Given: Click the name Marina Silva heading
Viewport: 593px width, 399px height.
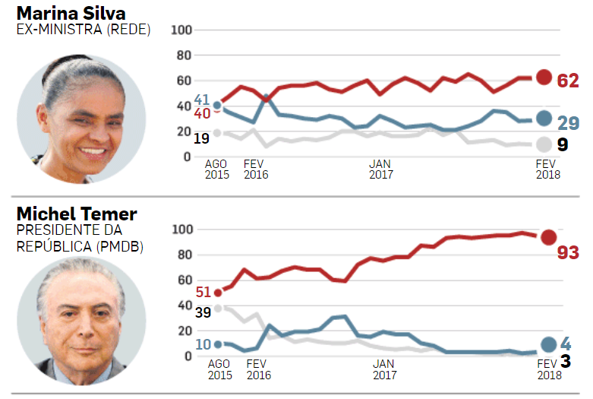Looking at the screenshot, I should (71, 13).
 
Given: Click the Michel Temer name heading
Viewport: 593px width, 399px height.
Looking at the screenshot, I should (77, 214).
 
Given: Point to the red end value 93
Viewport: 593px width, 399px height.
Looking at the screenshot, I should (568, 252).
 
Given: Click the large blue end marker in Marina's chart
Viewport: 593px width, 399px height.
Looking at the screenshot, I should (544, 118).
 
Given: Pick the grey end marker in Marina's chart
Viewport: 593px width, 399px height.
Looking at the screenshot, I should (544, 144).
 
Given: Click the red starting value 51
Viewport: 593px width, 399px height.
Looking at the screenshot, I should (203, 292).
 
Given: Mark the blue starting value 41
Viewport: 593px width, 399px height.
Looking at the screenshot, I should (202, 100).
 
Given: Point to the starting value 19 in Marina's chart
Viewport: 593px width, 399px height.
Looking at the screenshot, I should (201, 138).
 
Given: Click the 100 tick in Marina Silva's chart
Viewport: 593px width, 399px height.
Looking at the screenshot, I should (181, 30).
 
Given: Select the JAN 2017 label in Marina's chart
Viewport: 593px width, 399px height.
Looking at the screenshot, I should (381, 169).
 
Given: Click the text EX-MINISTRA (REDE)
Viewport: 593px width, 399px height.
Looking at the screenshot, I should (84, 30).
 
